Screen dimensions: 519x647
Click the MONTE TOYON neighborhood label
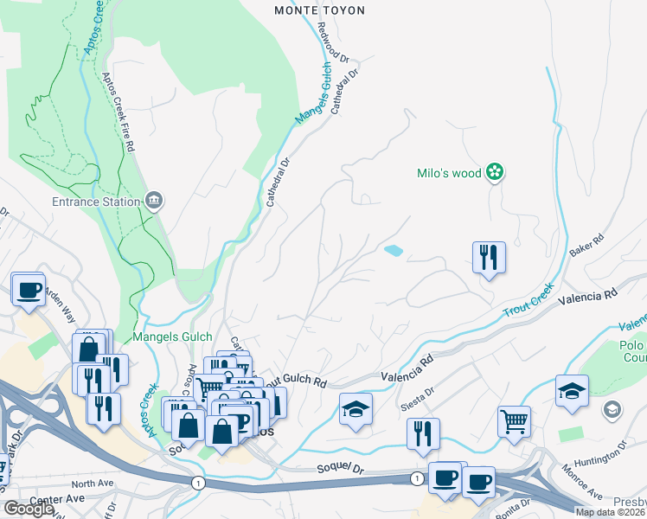point(319,10)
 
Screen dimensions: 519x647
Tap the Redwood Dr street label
point(332,46)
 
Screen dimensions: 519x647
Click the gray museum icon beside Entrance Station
point(155,201)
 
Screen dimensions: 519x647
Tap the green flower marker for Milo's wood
point(494,173)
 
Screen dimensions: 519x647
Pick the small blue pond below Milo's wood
point(393,251)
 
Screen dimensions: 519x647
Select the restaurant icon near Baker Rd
point(489,257)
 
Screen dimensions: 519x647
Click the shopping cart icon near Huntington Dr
point(515,421)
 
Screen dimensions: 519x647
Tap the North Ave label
point(93,484)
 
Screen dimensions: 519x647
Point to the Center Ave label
point(56,499)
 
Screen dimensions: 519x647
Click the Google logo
point(29,509)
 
